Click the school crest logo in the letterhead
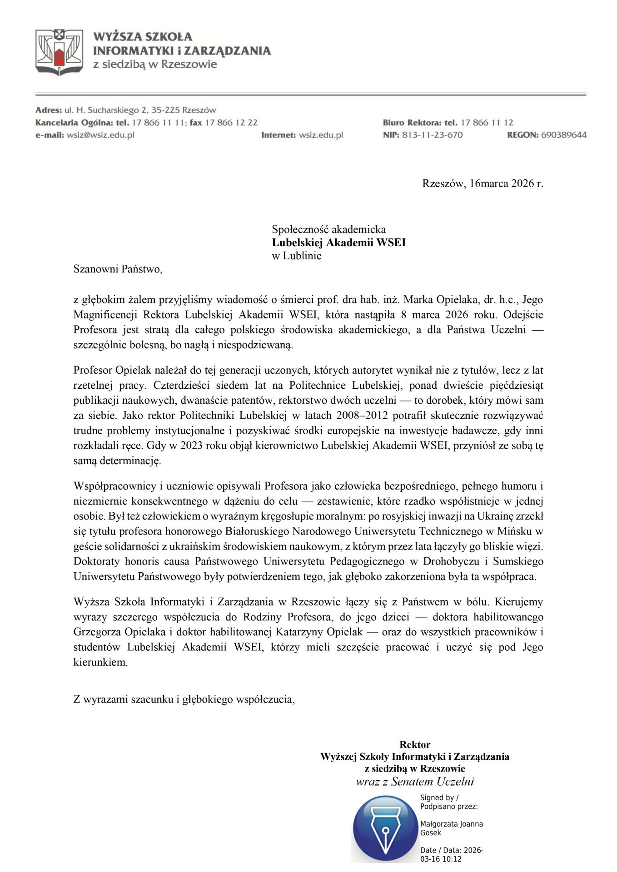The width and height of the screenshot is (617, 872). click(59, 52)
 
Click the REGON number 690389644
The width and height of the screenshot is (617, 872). click(563, 135)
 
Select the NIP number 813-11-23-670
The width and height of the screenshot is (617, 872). click(432, 135)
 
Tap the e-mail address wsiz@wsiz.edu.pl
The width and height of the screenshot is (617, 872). click(100, 135)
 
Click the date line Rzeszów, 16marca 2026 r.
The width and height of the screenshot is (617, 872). click(483, 183)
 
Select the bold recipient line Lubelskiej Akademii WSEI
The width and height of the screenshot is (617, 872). click(338, 243)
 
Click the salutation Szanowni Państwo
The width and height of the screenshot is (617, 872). click(118, 269)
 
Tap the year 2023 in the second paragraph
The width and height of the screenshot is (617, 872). click(192, 446)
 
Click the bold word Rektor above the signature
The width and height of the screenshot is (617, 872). click(415, 745)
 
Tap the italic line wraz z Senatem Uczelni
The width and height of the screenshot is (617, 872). click(415, 782)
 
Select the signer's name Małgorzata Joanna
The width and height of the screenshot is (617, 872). click(451, 824)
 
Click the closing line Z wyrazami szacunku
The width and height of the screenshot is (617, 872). click(184, 699)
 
